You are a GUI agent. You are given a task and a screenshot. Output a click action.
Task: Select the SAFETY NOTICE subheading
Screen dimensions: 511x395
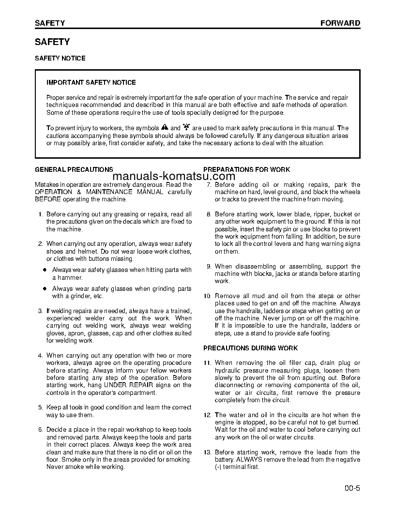pyautogui.click(x=60, y=58)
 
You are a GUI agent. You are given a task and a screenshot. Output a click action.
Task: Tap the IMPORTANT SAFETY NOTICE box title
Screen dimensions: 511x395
pyautogui.click(x=91, y=82)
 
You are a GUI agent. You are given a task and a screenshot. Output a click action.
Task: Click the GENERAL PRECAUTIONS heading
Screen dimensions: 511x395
pyautogui.click(x=74, y=169)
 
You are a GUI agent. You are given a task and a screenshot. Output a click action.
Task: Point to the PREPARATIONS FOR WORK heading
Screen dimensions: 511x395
pyautogui.click(x=246, y=169)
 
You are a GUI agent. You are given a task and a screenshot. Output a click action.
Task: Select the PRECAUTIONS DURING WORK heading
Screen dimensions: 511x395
pyautogui.click(x=250, y=348)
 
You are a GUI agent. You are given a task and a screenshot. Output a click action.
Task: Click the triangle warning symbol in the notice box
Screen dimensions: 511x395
pyautogui.click(x=165, y=128)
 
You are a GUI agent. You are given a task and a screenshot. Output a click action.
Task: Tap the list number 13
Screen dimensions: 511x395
pyautogui.click(x=207, y=452)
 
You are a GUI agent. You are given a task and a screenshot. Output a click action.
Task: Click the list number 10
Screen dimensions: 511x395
pyautogui.click(x=207, y=296)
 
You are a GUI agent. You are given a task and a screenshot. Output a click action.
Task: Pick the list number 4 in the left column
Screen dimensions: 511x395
pyautogui.click(x=40, y=356)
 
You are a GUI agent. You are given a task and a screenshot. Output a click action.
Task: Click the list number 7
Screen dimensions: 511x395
pyautogui.click(x=209, y=184)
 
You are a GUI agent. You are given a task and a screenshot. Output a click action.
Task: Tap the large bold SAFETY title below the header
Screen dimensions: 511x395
pyautogui.click(x=52, y=42)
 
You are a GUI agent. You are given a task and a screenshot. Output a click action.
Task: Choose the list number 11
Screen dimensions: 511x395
pyautogui.click(x=207, y=363)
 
